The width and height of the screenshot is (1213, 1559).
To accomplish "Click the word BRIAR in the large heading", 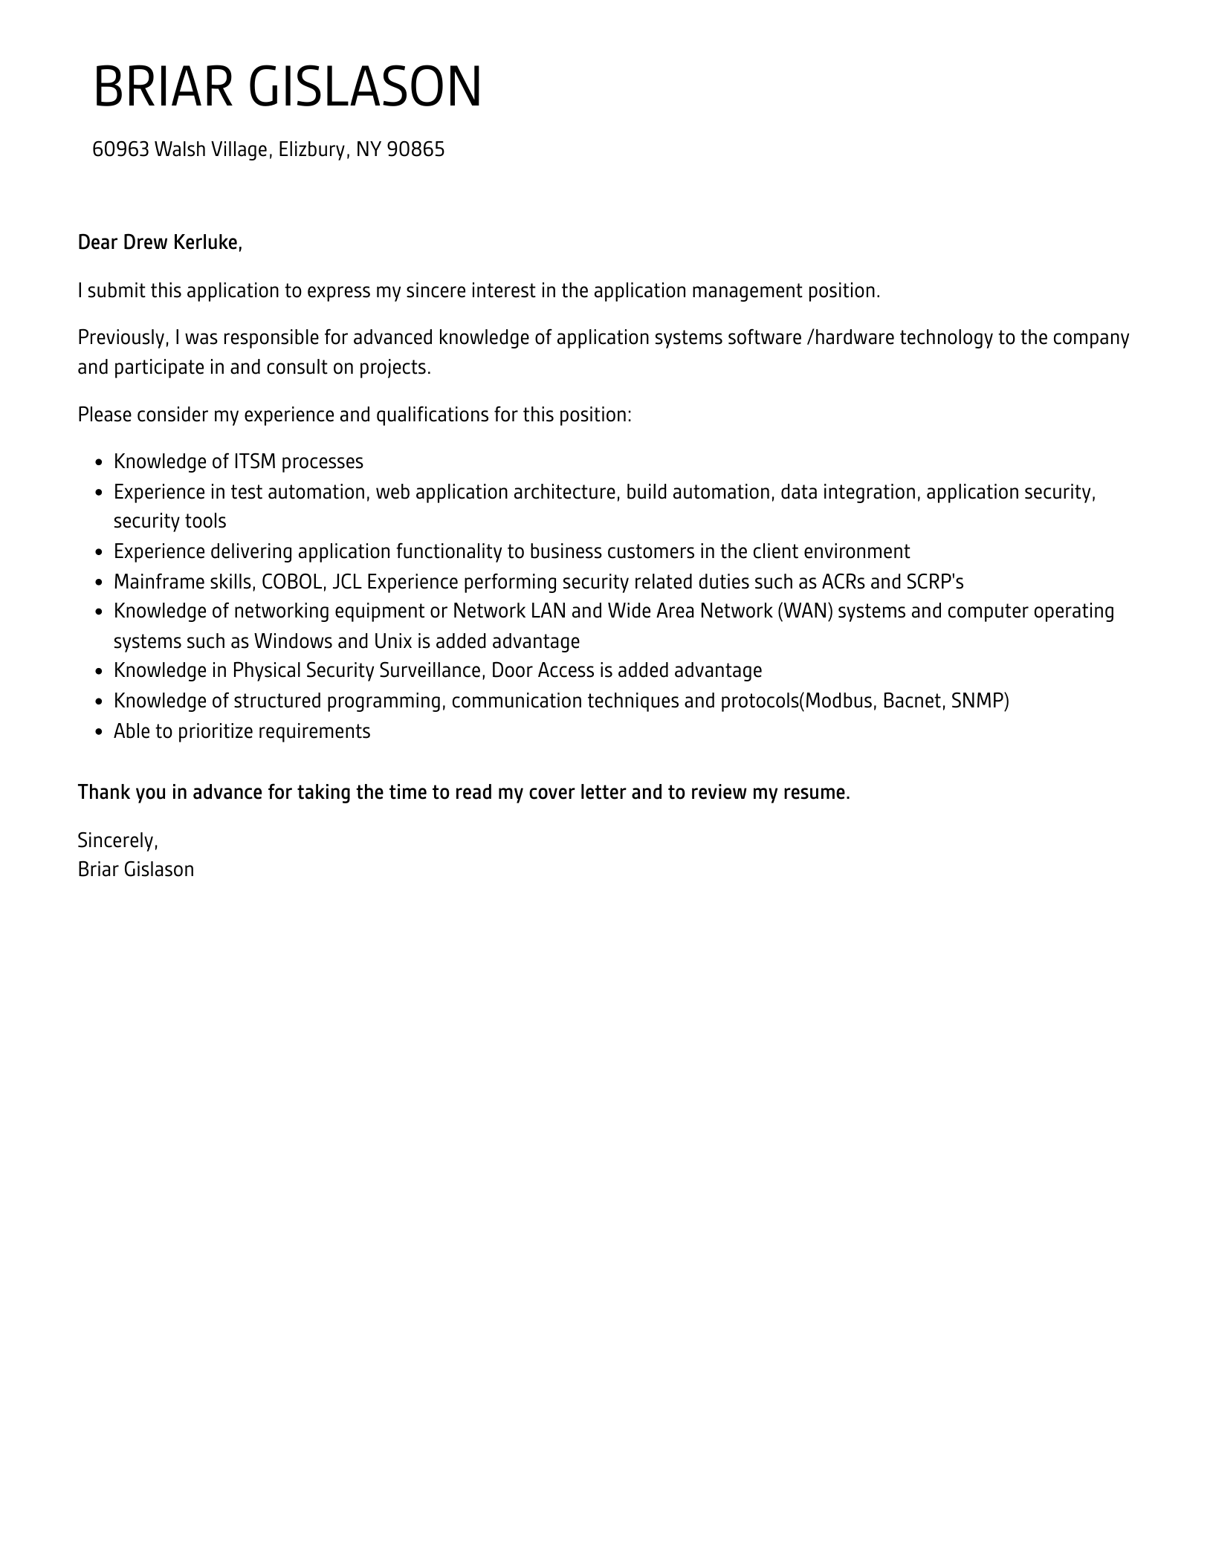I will pyautogui.click(x=163, y=87).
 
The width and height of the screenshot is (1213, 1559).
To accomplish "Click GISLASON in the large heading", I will pyautogui.click(x=365, y=87).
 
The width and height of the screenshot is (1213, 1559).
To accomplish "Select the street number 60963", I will pyautogui.click(x=120, y=150).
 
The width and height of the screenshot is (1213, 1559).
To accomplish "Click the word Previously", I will pyautogui.click(x=123, y=338).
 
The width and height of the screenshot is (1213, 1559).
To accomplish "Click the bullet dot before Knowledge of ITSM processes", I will pyautogui.click(x=99, y=463).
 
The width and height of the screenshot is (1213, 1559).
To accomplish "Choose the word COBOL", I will pyautogui.click(x=292, y=582).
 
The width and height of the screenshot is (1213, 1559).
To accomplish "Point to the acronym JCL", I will pyautogui.click(x=347, y=582).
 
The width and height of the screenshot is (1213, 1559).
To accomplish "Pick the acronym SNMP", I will pyautogui.click(x=980, y=701).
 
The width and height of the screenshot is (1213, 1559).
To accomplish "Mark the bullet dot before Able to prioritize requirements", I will pyautogui.click(x=99, y=733).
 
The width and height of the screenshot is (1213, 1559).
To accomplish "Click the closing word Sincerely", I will pyautogui.click(x=117, y=840).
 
